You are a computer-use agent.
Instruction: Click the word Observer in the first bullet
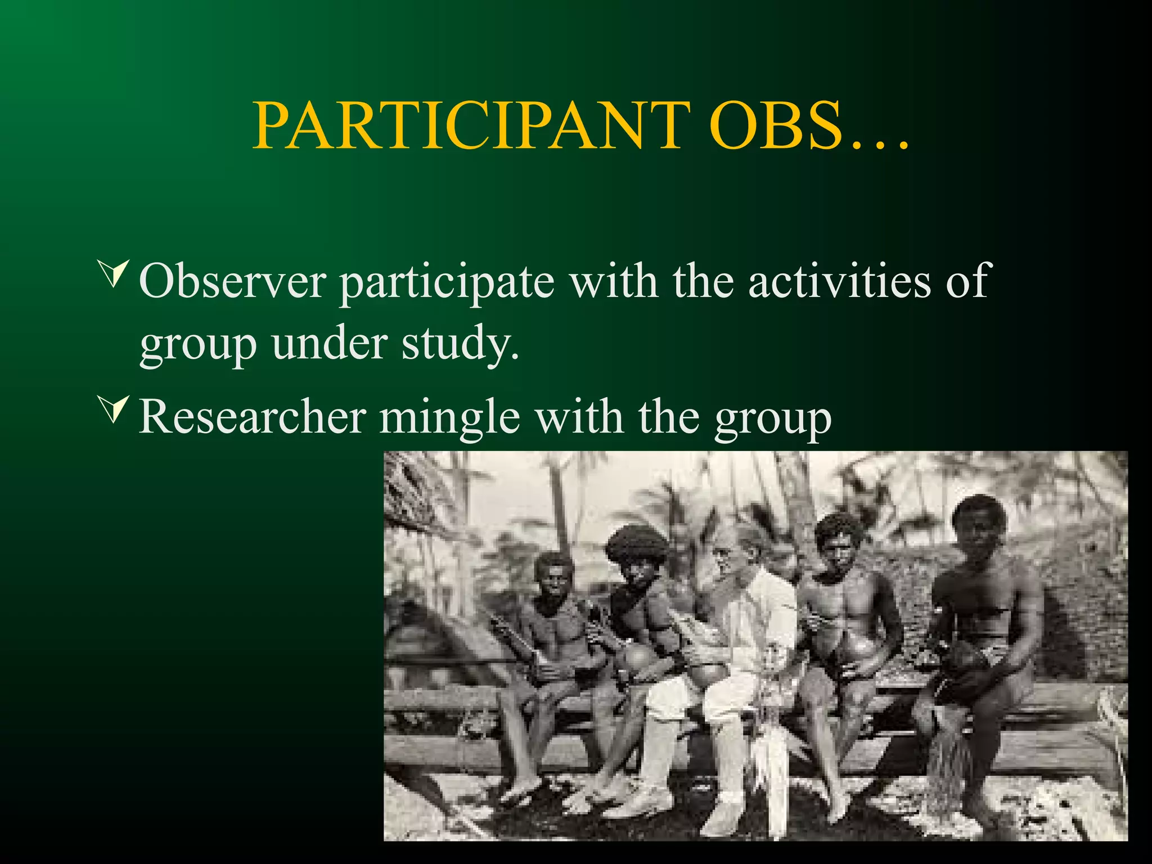coord(232,281)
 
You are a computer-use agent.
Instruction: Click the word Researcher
coord(253,417)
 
